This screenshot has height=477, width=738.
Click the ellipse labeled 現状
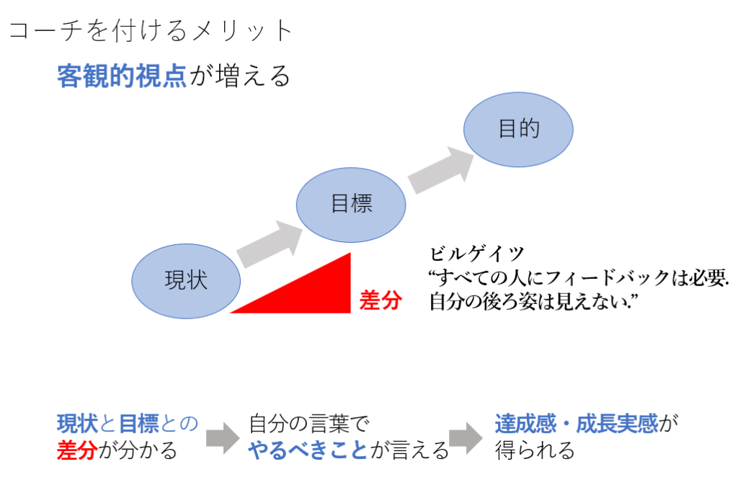186,281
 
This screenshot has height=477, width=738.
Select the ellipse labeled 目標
351,205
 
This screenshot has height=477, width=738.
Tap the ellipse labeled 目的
518,130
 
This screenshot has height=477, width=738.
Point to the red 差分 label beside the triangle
381,300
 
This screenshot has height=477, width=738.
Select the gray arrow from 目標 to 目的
441,170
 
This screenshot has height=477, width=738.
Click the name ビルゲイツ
476,254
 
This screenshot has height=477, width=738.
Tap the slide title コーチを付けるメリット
151,30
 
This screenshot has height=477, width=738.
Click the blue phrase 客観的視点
122,76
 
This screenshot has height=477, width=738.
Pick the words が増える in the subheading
239,76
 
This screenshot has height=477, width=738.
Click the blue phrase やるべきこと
308,450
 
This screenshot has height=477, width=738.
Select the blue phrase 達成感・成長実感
577,424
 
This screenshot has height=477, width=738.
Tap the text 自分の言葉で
308,424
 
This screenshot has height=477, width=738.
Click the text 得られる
535,450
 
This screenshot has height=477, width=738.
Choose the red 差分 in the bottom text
77,450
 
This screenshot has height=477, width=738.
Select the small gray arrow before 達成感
466,437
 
